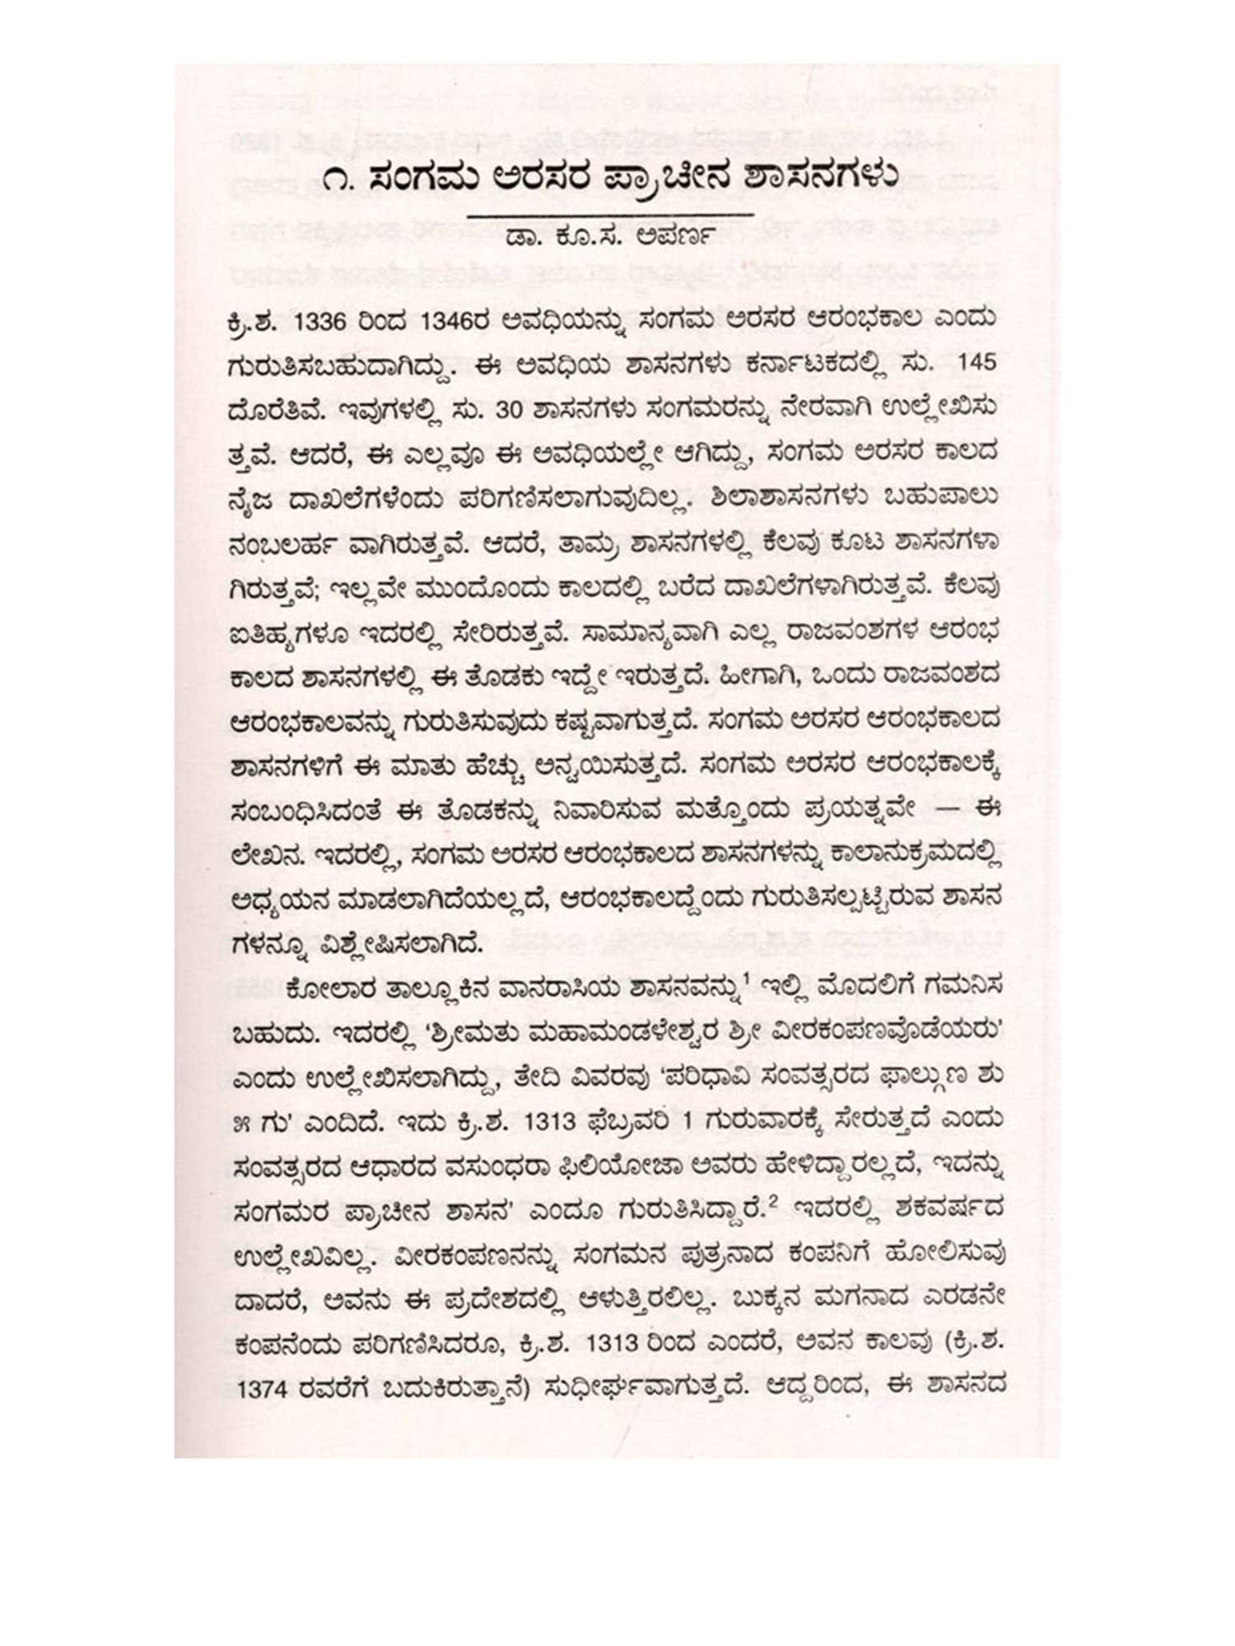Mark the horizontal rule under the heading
coord(609,215)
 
